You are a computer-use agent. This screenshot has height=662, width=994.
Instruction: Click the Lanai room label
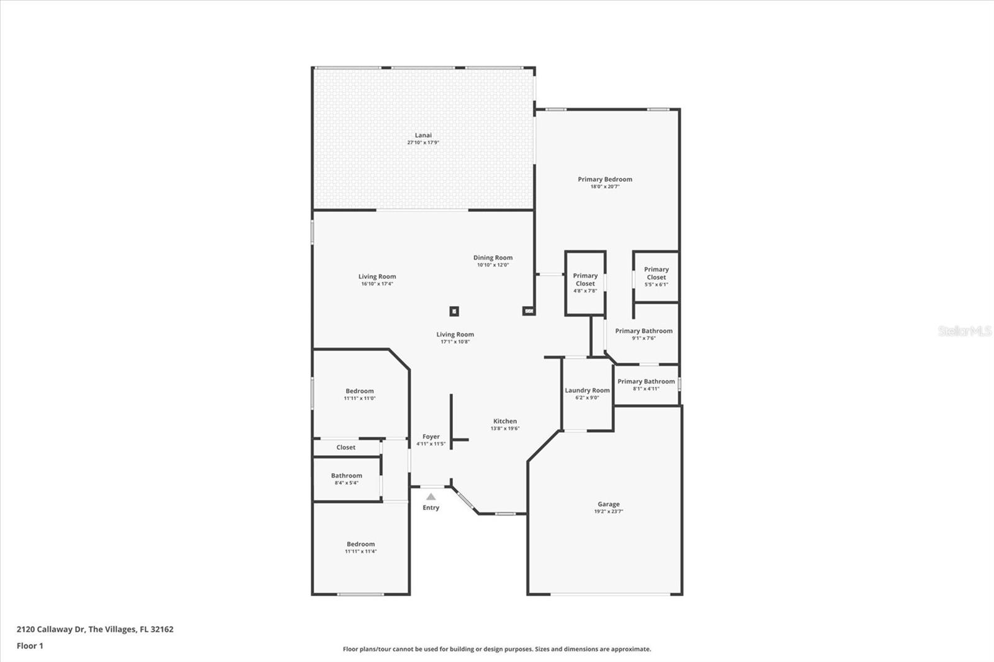[x=423, y=135]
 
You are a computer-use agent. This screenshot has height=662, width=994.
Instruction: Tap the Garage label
[x=608, y=504]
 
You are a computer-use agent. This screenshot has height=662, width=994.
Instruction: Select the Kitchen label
[x=505, y=421]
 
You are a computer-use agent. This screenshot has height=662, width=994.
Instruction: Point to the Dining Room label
[x=493, y=258]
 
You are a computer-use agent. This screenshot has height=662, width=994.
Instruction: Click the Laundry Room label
[x=587, y=391]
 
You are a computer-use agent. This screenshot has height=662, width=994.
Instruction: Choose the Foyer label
[x=431, y=437]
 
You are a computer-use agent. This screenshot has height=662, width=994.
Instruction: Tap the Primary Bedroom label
[x=605, y=179]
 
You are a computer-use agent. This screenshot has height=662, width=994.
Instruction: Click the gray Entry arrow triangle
[x=431, y=497]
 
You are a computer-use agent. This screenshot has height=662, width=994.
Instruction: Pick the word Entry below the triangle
[x=431, y=507]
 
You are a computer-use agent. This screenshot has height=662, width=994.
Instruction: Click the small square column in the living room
[x=454, y=311]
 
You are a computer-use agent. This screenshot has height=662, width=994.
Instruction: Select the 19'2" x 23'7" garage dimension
[x=608, y=512]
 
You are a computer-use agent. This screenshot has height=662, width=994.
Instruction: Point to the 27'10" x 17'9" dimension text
[x=423, y=143]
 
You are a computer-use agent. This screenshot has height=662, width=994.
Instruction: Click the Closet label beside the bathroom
[x=345, y=447]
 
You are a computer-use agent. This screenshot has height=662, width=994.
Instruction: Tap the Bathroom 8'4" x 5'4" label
[x=347, y=479]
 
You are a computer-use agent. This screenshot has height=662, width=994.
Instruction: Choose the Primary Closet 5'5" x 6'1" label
[x=656, y=277]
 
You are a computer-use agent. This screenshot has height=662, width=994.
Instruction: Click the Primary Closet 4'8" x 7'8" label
[x=585, y=283]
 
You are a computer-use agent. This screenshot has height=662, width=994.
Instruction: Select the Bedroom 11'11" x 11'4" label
[x=361, y=548]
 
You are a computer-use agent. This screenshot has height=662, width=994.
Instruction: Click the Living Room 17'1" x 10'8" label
[x=455, y=338]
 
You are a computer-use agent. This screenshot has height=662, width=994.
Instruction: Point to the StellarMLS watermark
[x=965, y=331]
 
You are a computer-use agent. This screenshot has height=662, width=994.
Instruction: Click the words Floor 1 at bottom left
[x=30, y=646]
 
